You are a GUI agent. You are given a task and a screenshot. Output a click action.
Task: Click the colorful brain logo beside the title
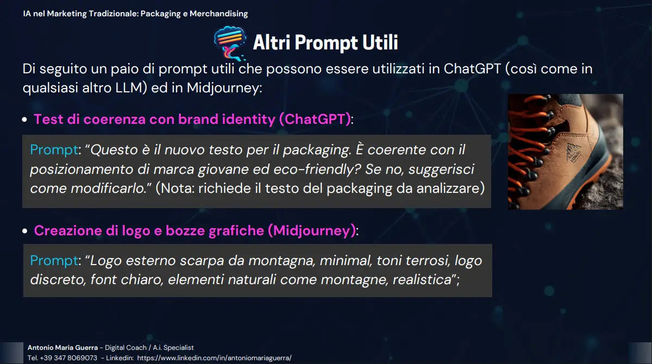point(230,43)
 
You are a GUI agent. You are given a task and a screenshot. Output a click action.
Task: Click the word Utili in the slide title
point(380,42)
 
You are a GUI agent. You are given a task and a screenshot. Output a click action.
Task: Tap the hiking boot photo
point(565,152)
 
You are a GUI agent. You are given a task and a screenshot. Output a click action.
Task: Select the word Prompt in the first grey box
point(54,150)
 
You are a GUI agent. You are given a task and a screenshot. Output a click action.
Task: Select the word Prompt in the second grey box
point(54,261)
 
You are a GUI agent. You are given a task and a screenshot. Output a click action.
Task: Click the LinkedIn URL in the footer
point(214,358)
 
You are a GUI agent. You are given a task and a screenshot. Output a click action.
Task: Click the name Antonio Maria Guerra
point(62,347)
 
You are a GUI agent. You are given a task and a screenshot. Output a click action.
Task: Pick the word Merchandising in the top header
point(218,14)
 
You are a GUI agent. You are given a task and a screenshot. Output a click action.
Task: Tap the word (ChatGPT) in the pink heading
point(315,120)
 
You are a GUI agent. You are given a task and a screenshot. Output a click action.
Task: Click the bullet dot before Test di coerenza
point(24,120)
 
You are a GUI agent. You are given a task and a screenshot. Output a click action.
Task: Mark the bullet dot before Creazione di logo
point(25,231)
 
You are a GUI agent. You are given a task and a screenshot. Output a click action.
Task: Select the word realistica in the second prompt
point(422,280)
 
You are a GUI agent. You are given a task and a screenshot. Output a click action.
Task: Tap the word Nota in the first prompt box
point(175,189)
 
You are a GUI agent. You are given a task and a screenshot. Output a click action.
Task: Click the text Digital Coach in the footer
point(126,347)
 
